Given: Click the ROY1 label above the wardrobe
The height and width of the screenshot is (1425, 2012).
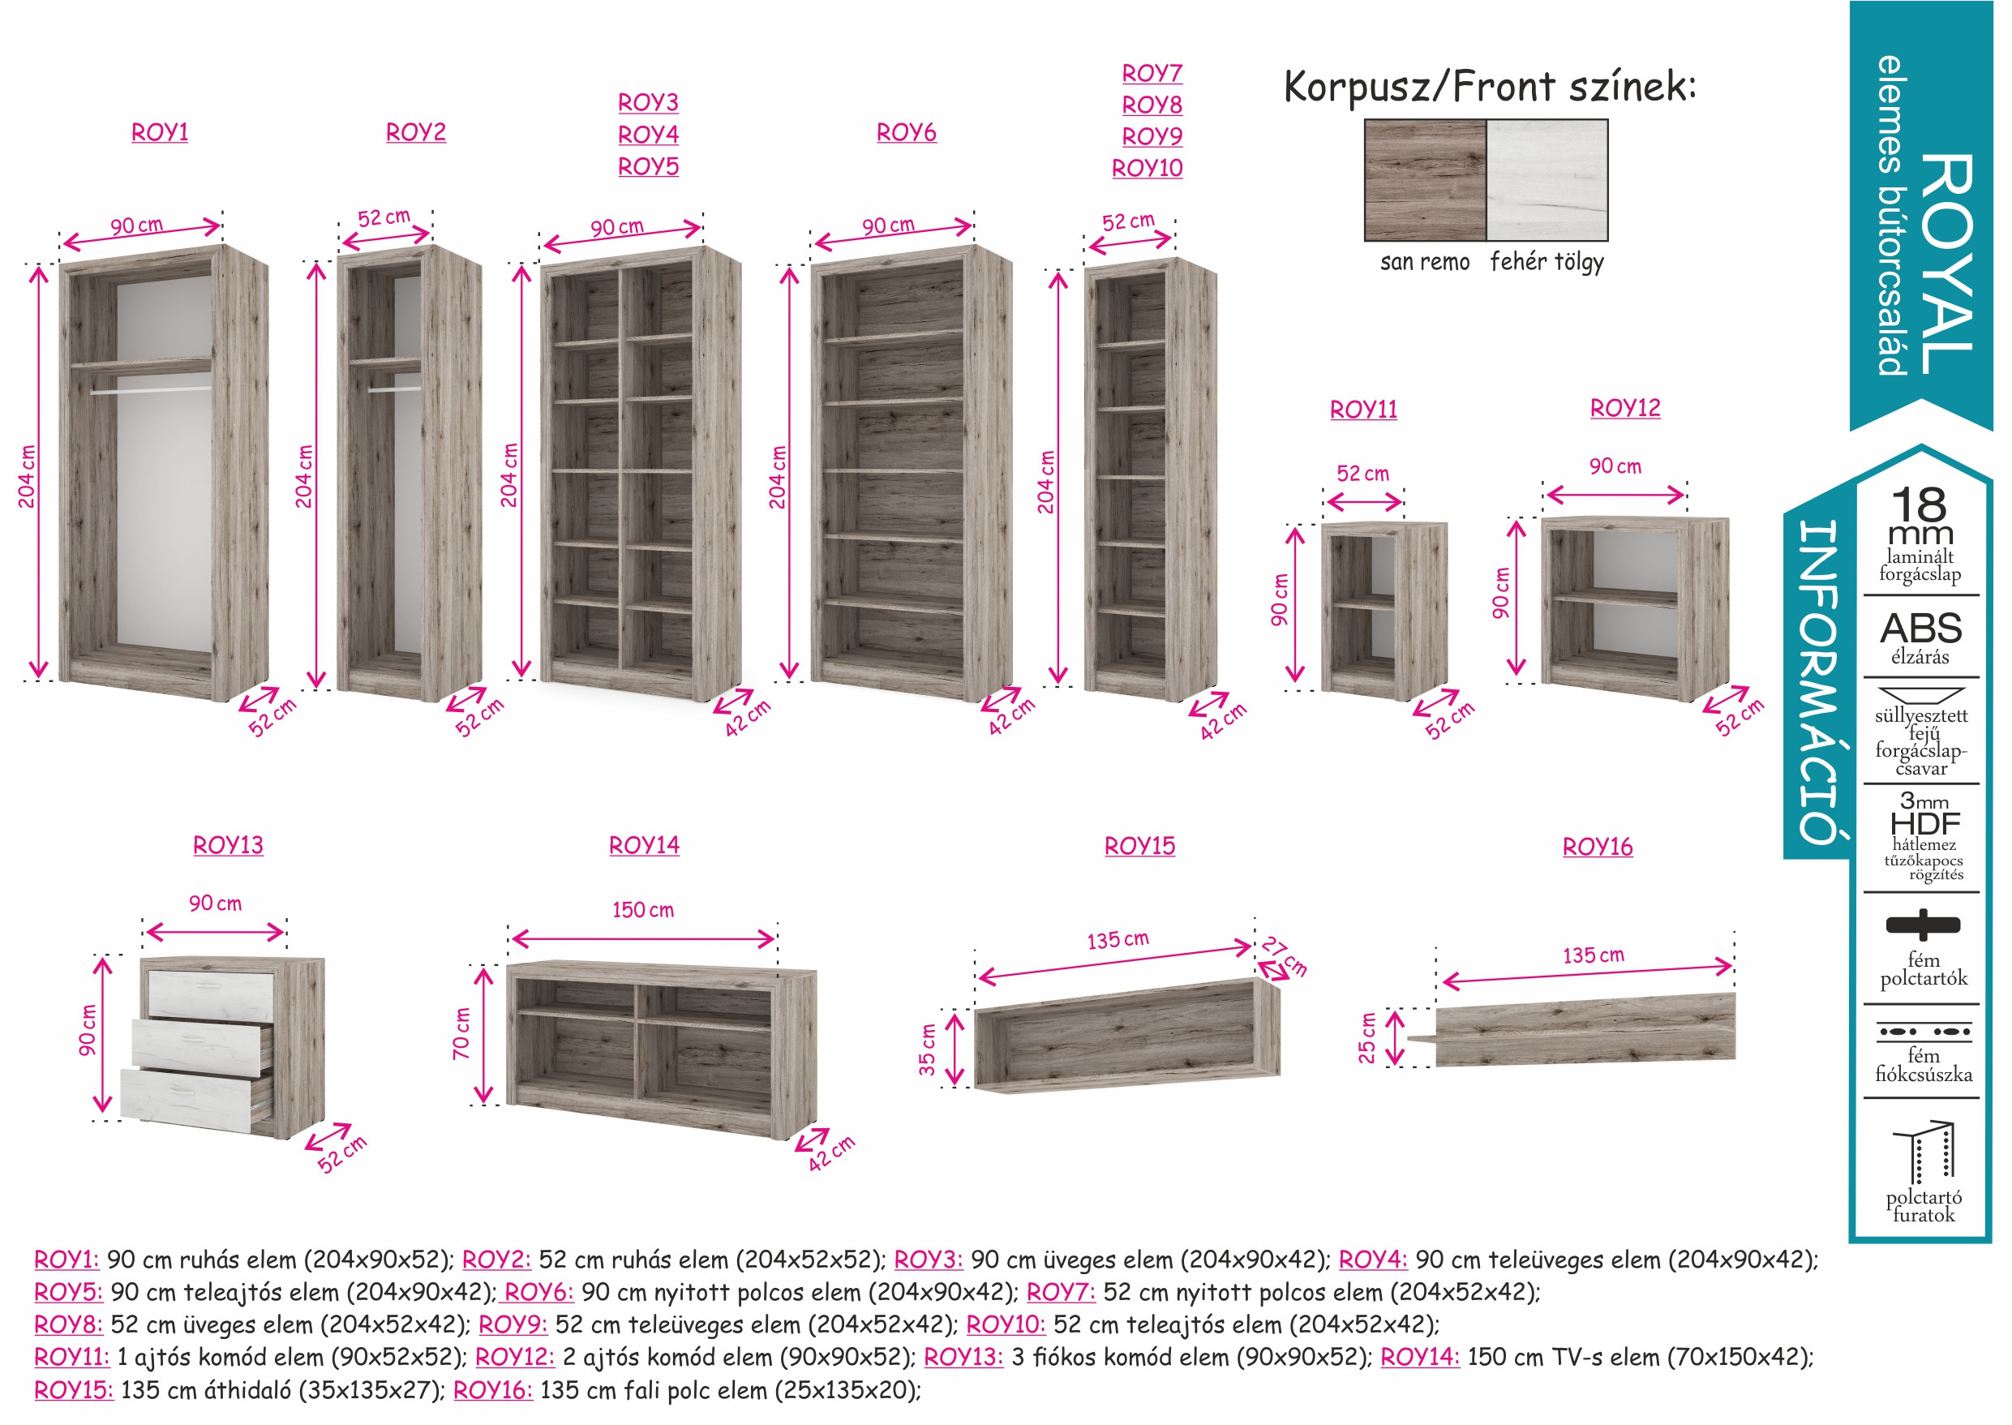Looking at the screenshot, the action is point(160,132).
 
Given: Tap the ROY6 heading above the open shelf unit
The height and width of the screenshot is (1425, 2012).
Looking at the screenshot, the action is point(907,132).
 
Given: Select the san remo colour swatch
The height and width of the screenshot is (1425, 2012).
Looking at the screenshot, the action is point(1425,180).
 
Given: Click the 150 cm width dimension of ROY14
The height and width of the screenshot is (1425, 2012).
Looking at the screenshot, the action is point(643,910).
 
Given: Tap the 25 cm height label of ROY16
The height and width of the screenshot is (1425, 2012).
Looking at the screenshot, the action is point(1367,1038).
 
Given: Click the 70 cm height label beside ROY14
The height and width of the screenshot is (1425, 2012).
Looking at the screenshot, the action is point(461,1033).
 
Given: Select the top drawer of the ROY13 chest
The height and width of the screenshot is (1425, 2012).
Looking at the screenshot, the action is point(212,995).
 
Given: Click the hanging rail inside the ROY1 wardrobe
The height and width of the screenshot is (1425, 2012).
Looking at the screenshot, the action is point(150,390).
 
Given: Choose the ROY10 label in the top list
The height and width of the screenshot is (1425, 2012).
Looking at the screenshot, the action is point(1147,168).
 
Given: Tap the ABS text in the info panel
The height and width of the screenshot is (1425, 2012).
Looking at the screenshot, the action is point(1920,629).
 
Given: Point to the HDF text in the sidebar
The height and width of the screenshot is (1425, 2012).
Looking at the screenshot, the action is point(1924,824).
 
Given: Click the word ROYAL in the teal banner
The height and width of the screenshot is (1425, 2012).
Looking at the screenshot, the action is point(1948,264).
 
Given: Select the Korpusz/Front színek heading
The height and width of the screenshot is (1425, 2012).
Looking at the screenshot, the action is point(1489,87).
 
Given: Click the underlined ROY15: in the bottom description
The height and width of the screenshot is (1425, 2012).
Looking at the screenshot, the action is point(74,1390).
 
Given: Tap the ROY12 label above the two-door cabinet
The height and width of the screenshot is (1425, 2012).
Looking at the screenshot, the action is point(1625,408).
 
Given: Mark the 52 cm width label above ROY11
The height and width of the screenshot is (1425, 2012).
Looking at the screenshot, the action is point(1362,474).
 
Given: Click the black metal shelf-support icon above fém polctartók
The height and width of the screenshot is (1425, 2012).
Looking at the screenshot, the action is point(1923,924).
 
